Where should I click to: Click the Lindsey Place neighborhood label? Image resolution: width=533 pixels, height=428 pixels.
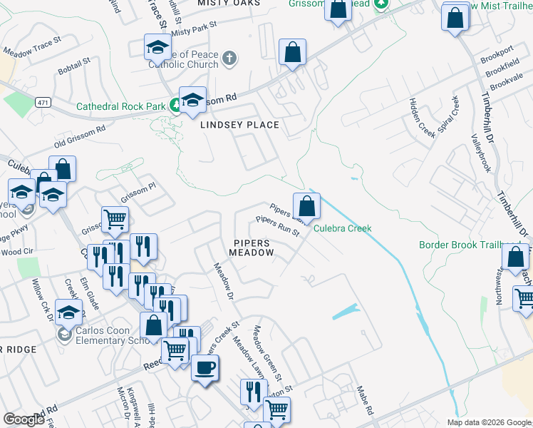[239, 125]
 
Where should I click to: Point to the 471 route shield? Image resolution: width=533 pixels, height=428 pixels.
[44, 103]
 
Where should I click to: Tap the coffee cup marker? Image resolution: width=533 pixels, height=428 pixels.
[205, 369]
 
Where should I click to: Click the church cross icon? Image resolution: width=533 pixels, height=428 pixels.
[229, 58]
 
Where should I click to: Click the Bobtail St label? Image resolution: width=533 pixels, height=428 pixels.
[74, 67]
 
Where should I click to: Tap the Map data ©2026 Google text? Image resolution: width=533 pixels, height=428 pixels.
[489, 422]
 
